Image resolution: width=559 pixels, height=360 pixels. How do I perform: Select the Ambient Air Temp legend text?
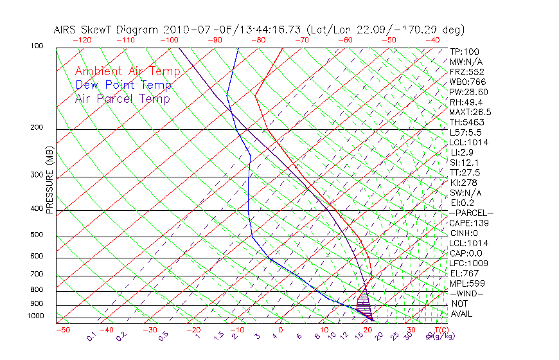coord(127,71)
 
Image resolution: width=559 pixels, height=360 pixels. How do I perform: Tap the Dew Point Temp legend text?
coord(123,85)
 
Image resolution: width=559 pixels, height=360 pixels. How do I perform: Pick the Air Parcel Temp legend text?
coord(122,98)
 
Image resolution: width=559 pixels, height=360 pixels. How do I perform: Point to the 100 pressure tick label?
coord(36,46)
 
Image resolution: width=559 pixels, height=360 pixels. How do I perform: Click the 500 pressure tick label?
coord(36,235)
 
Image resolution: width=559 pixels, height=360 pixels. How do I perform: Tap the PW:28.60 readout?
coord(469,92)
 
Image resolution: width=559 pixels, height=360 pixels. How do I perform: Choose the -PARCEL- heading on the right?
coord(471,213)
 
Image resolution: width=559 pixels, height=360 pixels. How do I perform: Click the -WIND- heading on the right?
coord(467,293)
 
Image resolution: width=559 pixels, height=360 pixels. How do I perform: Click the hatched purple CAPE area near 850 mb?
coord(364,300)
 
